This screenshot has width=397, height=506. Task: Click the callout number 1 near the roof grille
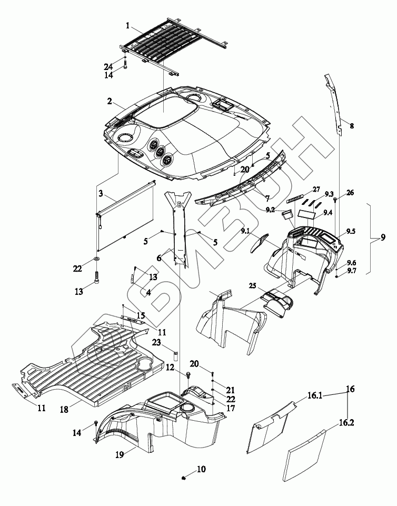[x=127, y=25]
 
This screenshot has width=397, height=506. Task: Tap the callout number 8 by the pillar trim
[x=352, y=126]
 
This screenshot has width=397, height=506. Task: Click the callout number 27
[x=316, y=188]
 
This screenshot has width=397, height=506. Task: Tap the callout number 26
[x=350, y=193]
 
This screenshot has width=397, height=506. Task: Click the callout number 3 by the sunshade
[x=101, y=193]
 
